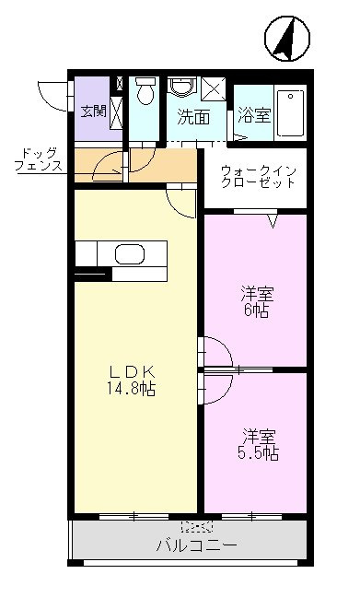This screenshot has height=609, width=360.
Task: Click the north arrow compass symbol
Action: pos(287,39)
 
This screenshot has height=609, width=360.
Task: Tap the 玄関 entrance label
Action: pos(94,111)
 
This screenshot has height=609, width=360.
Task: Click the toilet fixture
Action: pos(145,90)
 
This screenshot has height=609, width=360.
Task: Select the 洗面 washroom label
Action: pos(193,116)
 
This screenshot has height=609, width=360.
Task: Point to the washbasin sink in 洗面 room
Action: pos(182,87)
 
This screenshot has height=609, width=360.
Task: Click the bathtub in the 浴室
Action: pos(290,113)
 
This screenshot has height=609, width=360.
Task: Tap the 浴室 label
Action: pos(254,115)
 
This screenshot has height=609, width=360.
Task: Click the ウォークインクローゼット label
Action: pos(259,177)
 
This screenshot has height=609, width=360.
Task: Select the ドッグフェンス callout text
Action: pos(39,160)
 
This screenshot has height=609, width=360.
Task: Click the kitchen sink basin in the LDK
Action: pos(130,253)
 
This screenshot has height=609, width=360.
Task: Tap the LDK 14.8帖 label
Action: pos(132,381)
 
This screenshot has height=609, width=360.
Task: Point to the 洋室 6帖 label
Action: pos(257,302)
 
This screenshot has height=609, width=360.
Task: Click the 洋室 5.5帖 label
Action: pos(258,445)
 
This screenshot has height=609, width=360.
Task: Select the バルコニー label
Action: pos(196,545)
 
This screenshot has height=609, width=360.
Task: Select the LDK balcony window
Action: pos(134,517)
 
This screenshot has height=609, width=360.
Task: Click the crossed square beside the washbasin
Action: pos(214,89)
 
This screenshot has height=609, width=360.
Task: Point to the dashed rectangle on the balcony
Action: pos(197,527)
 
